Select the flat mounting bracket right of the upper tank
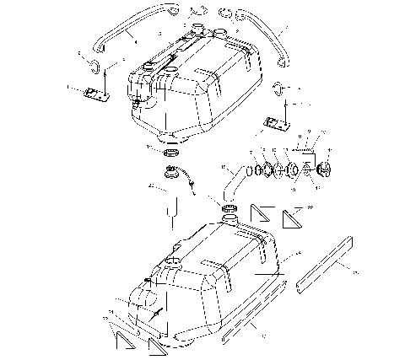(277, 123)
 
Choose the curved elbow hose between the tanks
(233, 182)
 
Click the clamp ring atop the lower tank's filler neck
(229, 207)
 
